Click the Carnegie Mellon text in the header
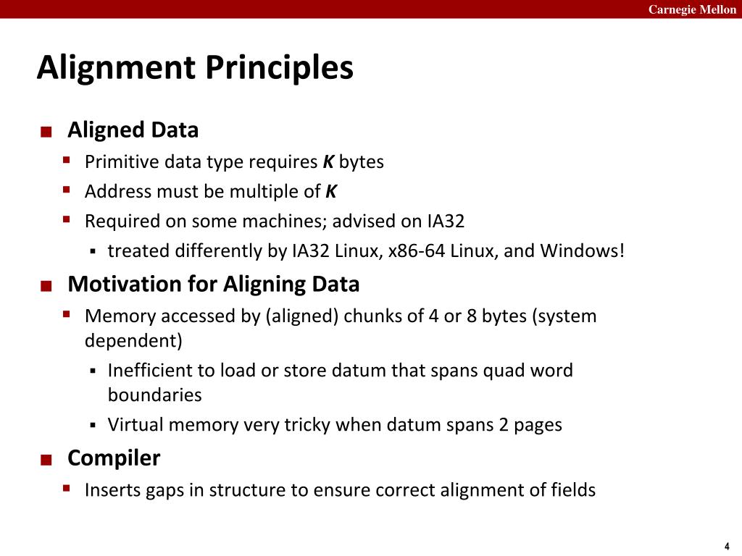691,9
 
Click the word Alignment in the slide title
116,68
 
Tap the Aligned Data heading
133,130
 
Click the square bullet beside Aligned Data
46,132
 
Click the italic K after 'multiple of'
330,192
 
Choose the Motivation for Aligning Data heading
213,284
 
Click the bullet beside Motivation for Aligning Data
46,286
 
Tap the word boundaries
154,395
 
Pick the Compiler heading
114,458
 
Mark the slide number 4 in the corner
726,547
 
